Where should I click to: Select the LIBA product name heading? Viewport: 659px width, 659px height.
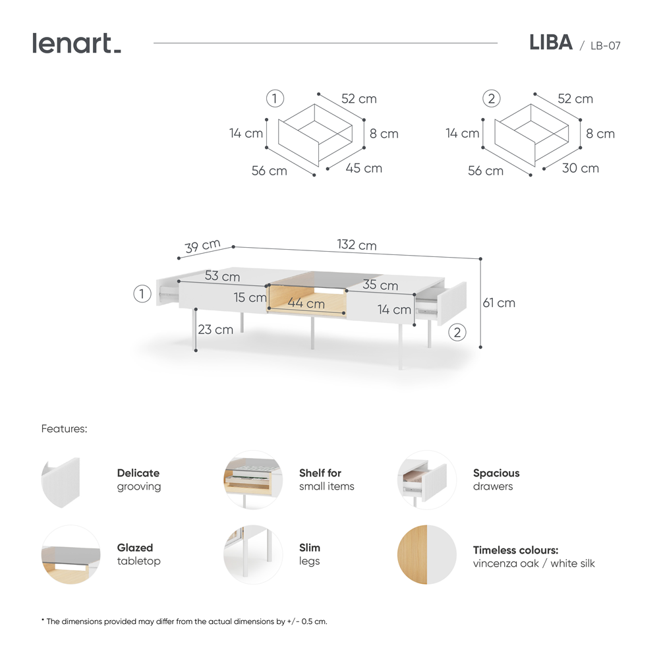pyautogui.click(x=550, y=43)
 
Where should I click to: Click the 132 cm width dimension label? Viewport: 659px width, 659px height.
pyautogui.click(x=357, y=245)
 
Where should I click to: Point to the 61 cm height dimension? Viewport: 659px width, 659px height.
pyautogui.click(x=499, y=303)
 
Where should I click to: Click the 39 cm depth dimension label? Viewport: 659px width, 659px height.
pyautogui.click(x=202, y=246)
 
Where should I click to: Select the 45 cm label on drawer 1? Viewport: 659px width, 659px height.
pyautogui.click(x=364, y=168)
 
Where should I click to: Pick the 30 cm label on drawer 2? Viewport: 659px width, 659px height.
pyautogui.click(x=581, y=168)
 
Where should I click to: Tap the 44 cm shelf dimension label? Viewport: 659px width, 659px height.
pyautogui.click(x=306, y=304)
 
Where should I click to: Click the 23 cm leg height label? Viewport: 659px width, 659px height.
pyautogui.click(x=215, y=329)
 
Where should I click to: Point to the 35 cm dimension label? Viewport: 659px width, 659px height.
pyautogui.click(x=380, y=285)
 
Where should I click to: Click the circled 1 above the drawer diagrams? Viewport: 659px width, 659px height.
pyautogui.click(x=275, y=99)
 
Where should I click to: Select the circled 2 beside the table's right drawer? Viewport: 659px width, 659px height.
pyautogui.click(x=457, y=331)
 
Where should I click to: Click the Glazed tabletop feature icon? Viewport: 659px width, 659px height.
pyautogui.click(x=71, y=554)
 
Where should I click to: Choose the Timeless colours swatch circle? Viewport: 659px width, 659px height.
pyautogui.click(x=427, y=554)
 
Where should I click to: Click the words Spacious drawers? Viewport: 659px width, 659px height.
pyautogui.click(x=496, y=480)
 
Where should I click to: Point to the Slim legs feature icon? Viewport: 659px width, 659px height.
pyautogui.click(x=253, y=554)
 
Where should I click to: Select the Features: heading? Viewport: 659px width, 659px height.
pyautogui.click(x=64, y=428)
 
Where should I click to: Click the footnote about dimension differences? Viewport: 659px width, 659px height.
pyautogui.click(x=184, y=621)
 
